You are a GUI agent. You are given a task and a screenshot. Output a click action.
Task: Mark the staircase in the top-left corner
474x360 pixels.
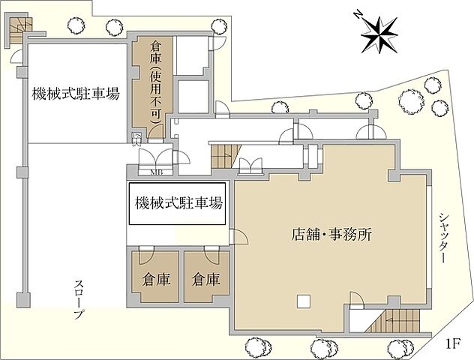tap(16, 29)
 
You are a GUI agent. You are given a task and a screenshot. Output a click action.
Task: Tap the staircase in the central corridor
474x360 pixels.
tap(222, 158)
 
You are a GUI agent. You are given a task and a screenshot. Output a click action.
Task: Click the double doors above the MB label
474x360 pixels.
tap(156, 158)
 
